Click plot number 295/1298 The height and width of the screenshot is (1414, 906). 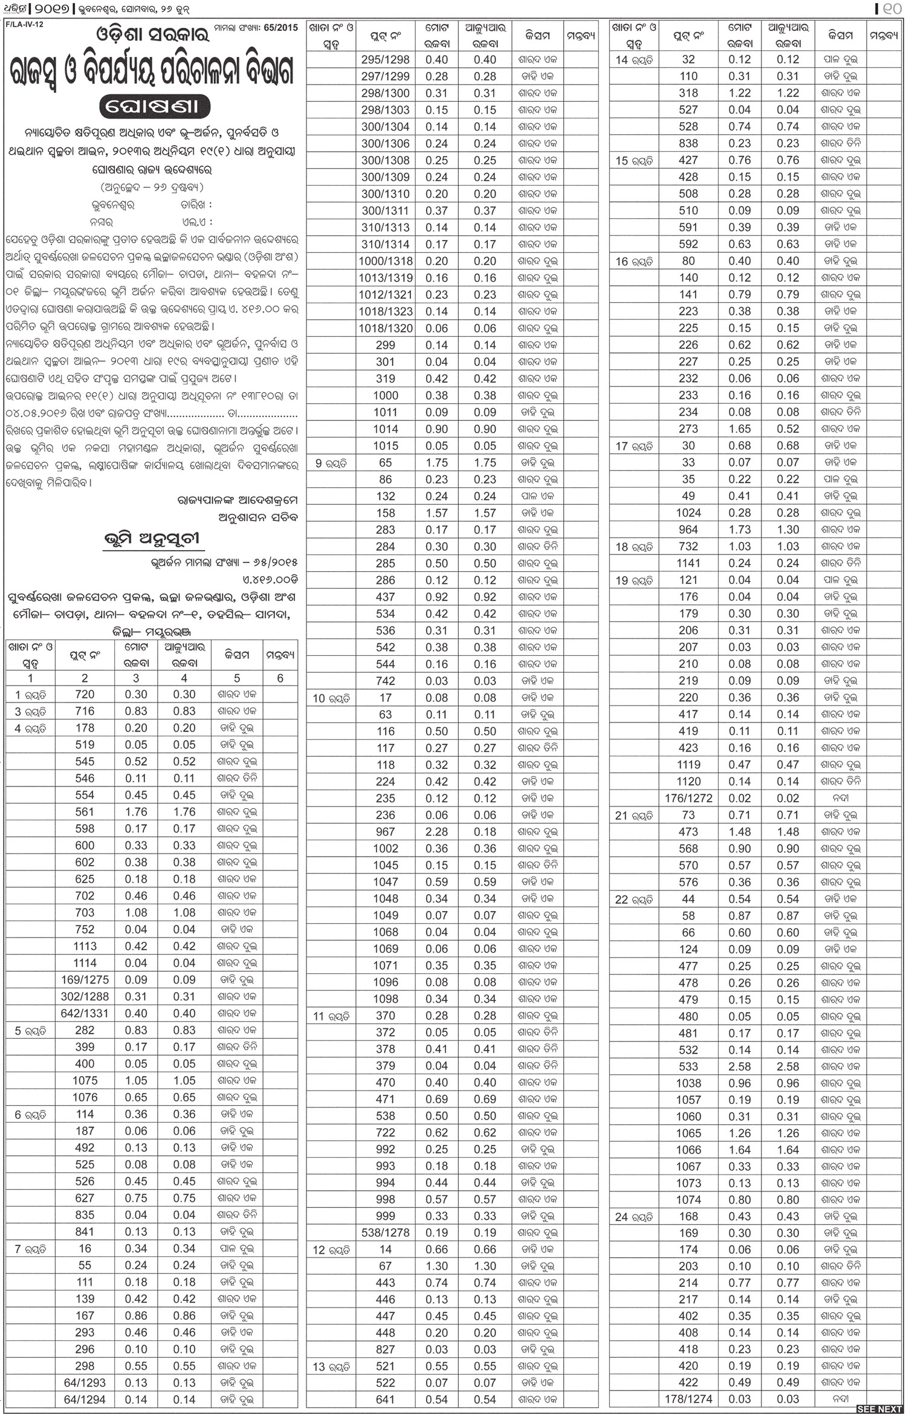pyautogui.click(x=385, y=60)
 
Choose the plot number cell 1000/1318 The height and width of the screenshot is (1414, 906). pyautogui.click(x=385, y=261)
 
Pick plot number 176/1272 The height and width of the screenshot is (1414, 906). pyautogui.click(x=688, y=798)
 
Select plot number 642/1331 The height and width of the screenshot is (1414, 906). pyautogui.click(x=85, y=1013)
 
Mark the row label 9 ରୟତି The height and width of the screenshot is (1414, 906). pyautogui.click(x=331, y=463)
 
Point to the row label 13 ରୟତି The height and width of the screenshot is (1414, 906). pyautogui.click(x=331, y=1366)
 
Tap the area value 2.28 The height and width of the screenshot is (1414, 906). pyautogui.click(x=436, y=832)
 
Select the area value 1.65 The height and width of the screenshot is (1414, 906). pyautogui.click(x=739, y=429)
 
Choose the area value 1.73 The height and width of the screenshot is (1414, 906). pyautogui.click(x=739, y=530)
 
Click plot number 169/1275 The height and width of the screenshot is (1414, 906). pyautogui.click(x=85, y=979)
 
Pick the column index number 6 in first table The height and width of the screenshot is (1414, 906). pyautogui.click(x=280, y=678)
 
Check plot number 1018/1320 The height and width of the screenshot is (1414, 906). pyautogui.click(x=385, y=328)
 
